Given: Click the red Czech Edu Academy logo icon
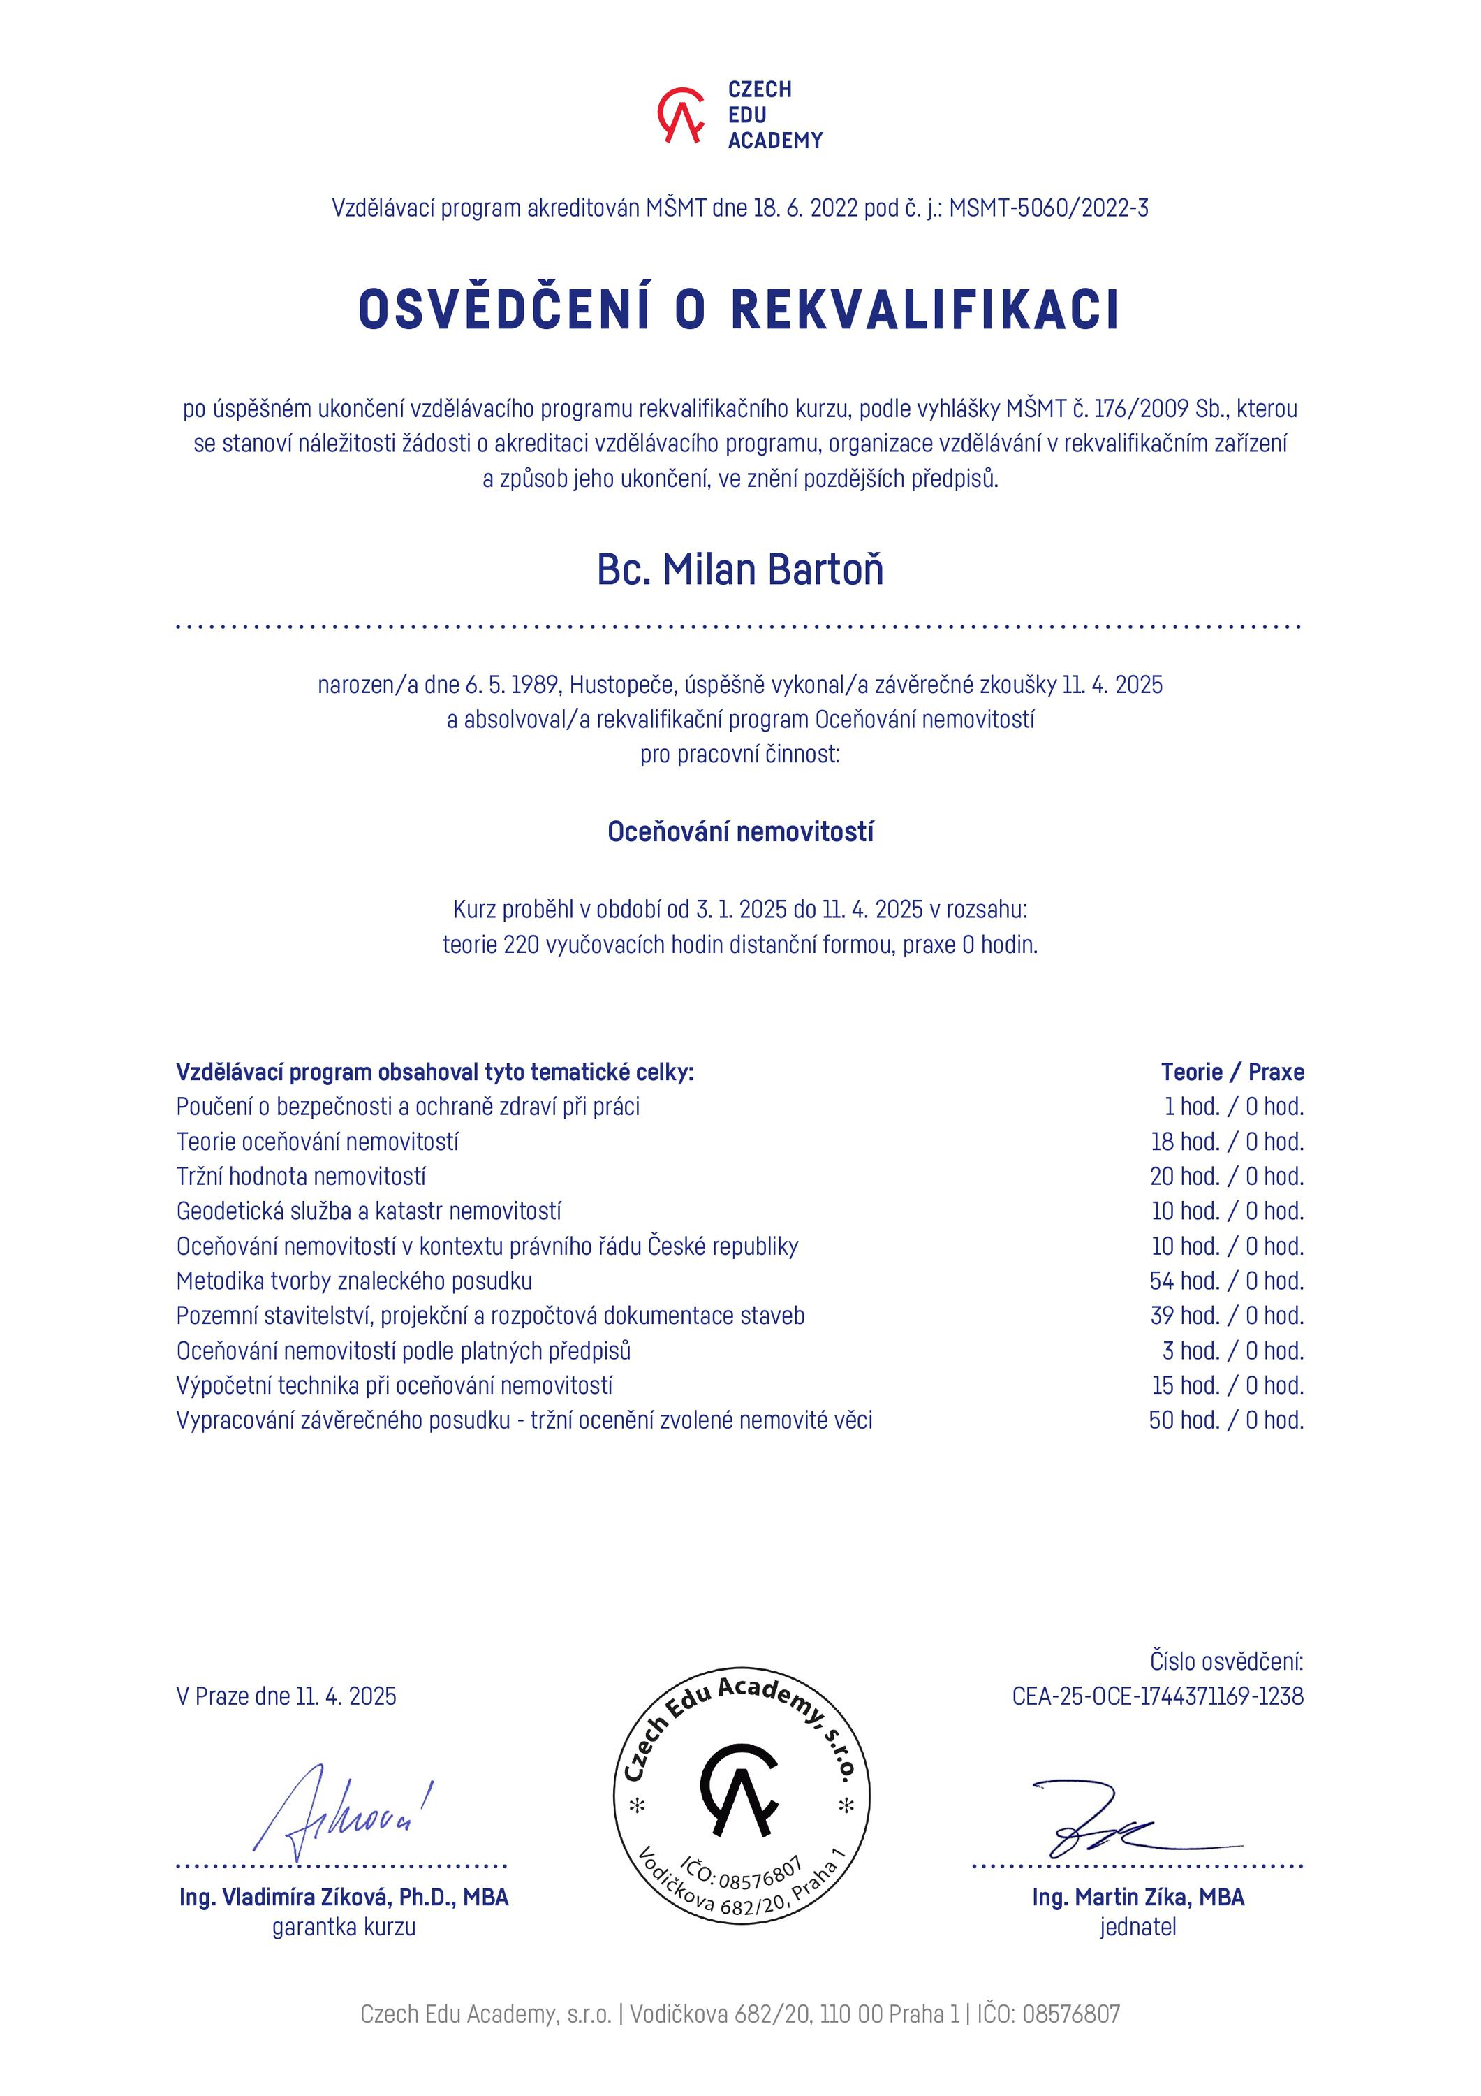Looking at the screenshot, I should point(681,115).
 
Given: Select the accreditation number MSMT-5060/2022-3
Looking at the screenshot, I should point(1049,209).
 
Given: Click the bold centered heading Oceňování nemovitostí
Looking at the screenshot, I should point(740,831).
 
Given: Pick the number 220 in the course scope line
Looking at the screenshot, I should point(521,945).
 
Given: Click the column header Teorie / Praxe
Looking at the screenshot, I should point(1232,1072).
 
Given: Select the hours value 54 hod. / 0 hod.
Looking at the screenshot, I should point(1226,1281).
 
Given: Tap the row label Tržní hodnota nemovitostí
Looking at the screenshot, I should point(301,1177).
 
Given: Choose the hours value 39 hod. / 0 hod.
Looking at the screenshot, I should point(1226,1316).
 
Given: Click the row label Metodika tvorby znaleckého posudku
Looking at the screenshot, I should point(354,1281).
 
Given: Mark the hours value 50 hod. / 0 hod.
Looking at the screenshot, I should point(1226,1420).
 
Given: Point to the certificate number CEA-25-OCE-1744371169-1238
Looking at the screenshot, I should point(1157,1696).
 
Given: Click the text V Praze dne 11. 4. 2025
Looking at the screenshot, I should point(286,1696).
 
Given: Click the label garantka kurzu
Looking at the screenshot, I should point(344,1927).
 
